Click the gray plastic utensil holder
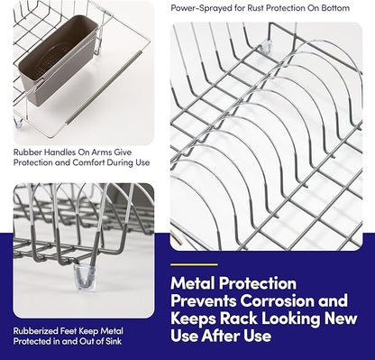[57, 60]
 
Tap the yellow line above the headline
[194, 264]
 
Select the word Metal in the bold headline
[193, 283]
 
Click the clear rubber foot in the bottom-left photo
[85, 276]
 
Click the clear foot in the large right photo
[266, 47]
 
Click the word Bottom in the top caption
[335, 8]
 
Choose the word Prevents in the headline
[204, 300]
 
